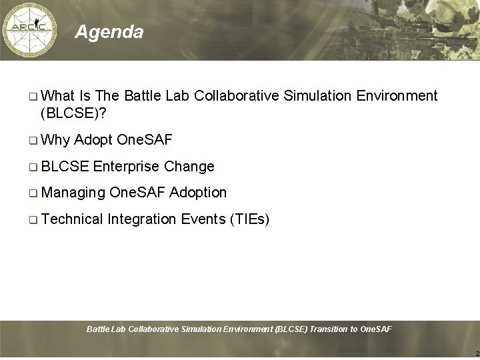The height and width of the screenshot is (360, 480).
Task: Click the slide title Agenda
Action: [x=109, y=32]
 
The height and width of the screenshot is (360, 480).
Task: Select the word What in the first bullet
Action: [x=57, y=96]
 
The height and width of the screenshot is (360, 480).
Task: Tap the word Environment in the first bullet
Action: [x=397, y=96]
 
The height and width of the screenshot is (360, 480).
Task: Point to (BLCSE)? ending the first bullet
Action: [x=73, y=114]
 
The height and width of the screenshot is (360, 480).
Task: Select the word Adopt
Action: [x=93, y=140]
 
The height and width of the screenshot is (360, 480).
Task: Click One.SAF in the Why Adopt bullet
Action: [x=144, y=140]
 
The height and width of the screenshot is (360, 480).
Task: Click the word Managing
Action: [x=73, y=193]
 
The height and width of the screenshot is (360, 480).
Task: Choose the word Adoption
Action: [x=198, y=193]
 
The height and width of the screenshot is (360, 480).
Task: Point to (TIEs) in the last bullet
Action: [x=249, y=219]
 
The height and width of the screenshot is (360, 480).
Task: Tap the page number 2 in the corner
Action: [x=476, y=353]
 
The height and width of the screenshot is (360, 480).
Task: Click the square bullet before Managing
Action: [x=33, y=193]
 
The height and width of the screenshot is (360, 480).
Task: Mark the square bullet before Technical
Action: [x=33, y=219]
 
